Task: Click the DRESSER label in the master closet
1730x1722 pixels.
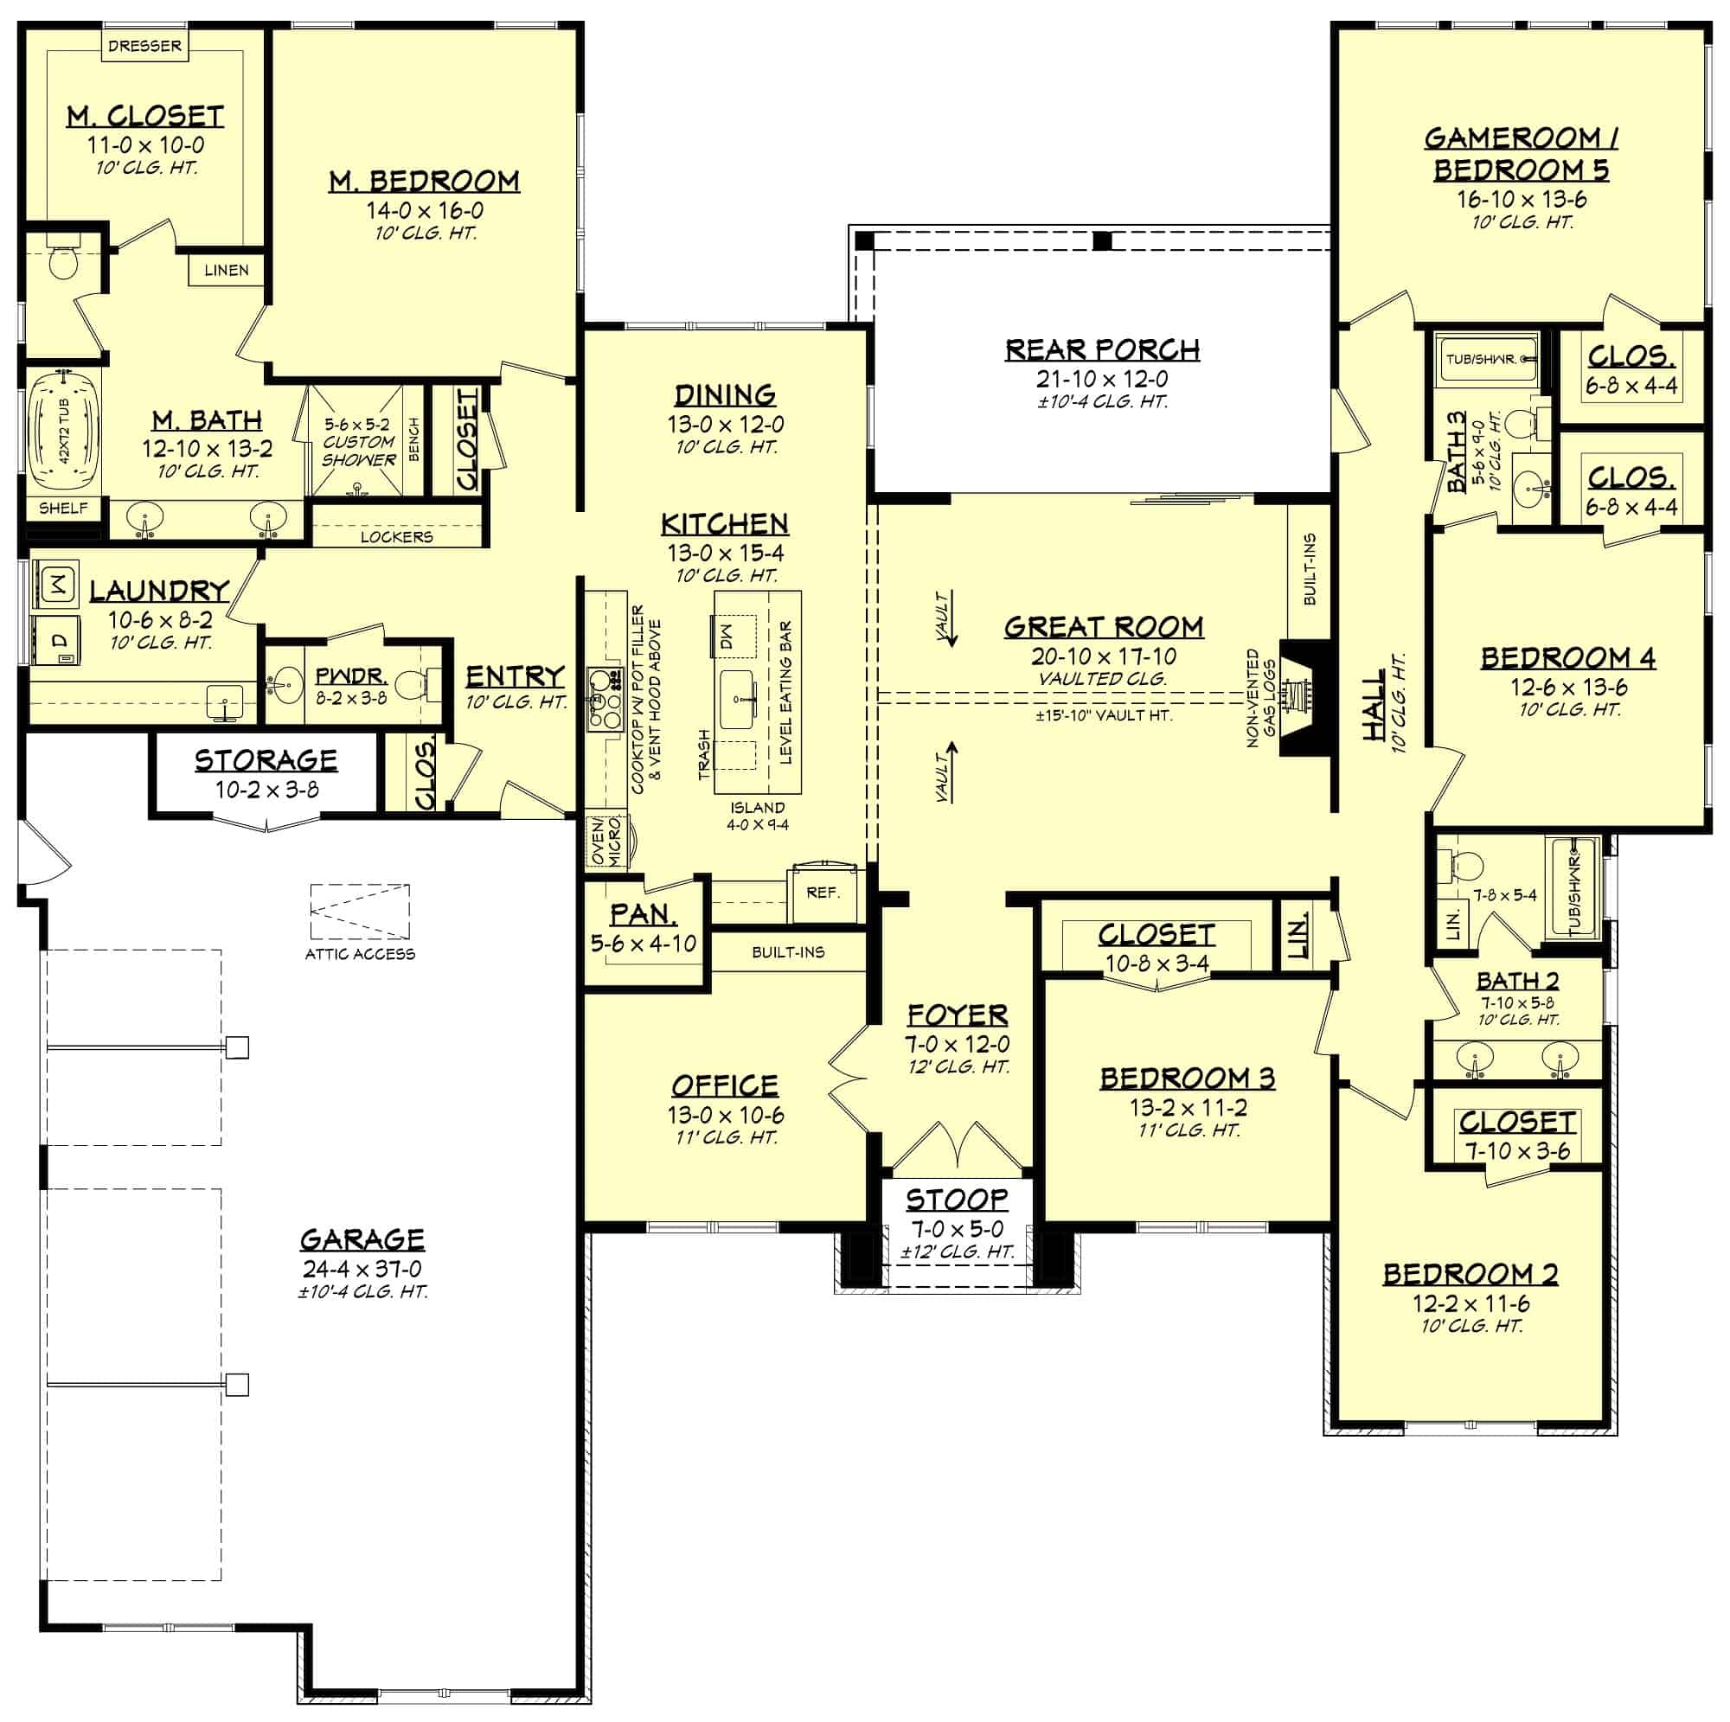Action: [144, 46]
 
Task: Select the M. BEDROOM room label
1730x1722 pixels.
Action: [425, 181]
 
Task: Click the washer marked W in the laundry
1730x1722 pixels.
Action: [56, 586]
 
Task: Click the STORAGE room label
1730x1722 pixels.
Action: [266, 760]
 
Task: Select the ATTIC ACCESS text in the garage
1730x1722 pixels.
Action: [360, 955]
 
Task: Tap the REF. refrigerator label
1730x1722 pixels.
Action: [822, 893]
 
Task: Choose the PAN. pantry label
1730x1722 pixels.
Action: [643, 914]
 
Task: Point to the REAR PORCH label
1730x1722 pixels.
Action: [1102, 349]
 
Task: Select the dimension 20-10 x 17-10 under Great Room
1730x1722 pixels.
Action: [1103, 656]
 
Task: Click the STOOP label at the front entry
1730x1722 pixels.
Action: [957, 1199]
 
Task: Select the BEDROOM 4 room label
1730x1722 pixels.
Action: [1568, 658]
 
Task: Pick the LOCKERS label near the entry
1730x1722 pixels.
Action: [397, 536]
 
